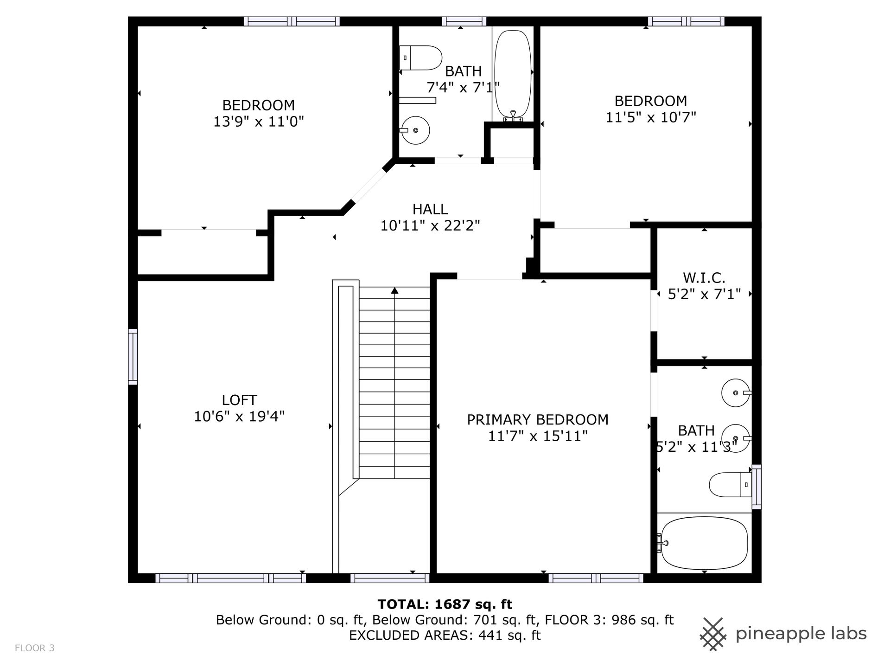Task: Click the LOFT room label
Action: pyautogui.click(x=239, y=400)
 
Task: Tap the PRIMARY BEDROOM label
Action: pyautogui.click(x=537, y=419)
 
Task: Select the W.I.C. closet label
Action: pyautogui.click(x=704, y=278)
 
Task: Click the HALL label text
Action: pyautogui.click(x=430, y=209)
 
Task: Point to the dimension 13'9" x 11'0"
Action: pyautogui.click(x=259, y=122)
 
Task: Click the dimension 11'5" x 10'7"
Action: pyautogui.click(x=651, y=117)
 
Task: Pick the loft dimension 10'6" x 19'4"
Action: pyautogui.click(x=239, y=416)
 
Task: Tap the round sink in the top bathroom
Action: pyautogui.click(x=415, y=130)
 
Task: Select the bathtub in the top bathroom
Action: pyautogui.click(x=513, y=76)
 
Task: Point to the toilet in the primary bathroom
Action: pyautogui.click(x=730, y=485)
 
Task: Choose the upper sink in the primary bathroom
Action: pyautogui.click(x=736, y=393)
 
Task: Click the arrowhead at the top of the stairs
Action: pyautogui.click(x=394, y=290)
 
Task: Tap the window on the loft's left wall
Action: pyautogui.click(x=133, y=357)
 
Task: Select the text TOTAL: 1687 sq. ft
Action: pyautogui.click(x=445, y=604)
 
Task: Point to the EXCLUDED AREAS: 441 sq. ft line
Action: pyautogui.click(x=445, y=635)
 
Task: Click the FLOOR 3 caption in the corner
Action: pyautogui.click(x=35, y=648)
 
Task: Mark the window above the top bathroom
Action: pyautogui.click(x=464, y=21)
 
